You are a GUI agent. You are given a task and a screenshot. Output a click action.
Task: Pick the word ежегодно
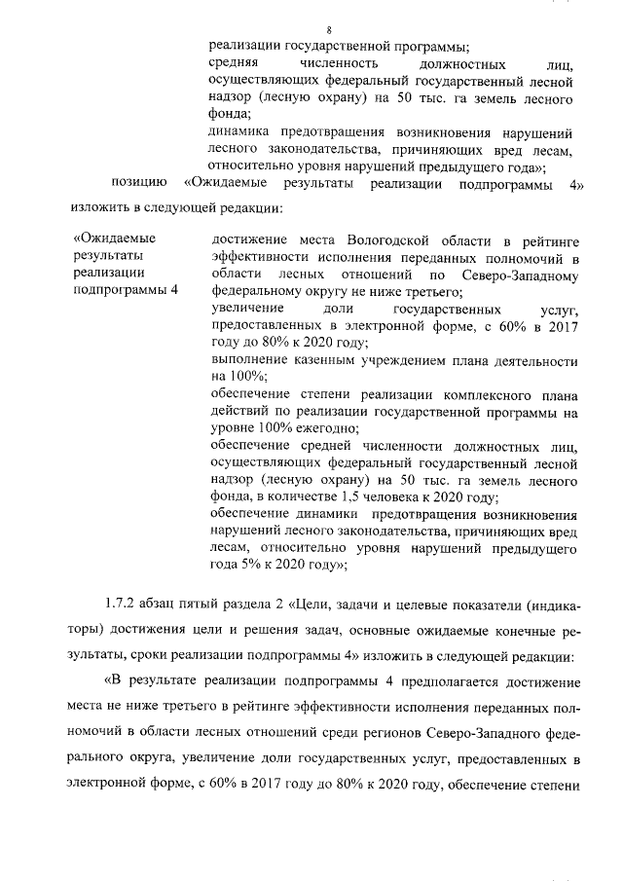coord(325,428)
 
